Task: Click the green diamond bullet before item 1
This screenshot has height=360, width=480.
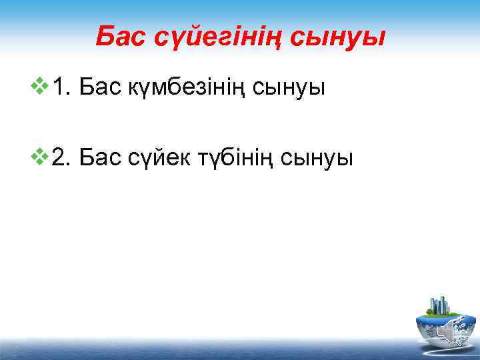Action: point(43,85)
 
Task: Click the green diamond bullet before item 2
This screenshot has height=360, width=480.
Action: point(43,157)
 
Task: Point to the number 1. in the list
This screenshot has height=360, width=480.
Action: point(63,86)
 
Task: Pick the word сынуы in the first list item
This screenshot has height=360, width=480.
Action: point(290,87)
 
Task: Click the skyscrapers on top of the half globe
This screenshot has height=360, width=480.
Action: point(440,305)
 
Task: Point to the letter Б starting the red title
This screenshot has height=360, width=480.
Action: point(103,37)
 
